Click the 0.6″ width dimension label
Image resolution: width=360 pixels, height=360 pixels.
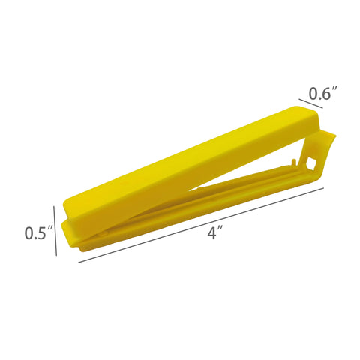323,93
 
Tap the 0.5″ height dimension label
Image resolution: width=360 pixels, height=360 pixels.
39,232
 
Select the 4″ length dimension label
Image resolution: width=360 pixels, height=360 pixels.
215,233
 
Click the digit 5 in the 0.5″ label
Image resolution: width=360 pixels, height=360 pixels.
41,233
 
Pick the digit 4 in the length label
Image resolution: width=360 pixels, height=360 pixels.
212,233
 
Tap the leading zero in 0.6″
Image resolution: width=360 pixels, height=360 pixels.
313,94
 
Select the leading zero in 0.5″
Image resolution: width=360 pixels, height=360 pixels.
29,233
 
